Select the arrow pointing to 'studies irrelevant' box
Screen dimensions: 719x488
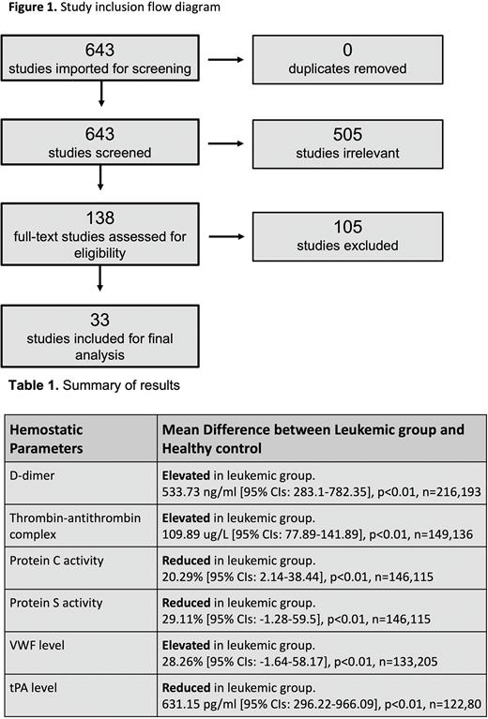[x=223, y=146]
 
